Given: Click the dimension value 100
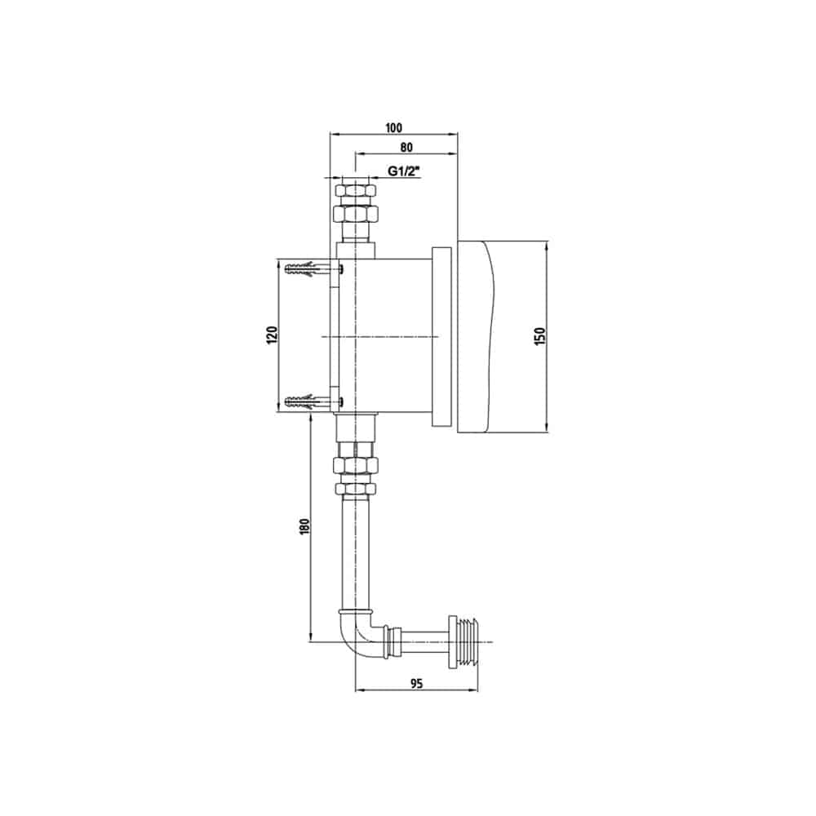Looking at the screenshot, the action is (x=394, y=127).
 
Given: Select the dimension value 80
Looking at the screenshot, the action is (x=406, y=147).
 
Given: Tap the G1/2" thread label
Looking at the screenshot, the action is (x=404, y=171).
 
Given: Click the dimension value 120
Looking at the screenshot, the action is (x=272, y=335).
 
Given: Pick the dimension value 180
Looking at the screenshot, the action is (x=305, y=526).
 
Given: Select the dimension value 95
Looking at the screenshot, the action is (x=416, y=684).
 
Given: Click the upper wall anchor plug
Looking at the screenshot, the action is (x=307, y=268).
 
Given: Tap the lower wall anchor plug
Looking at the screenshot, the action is (x=307, y=401).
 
